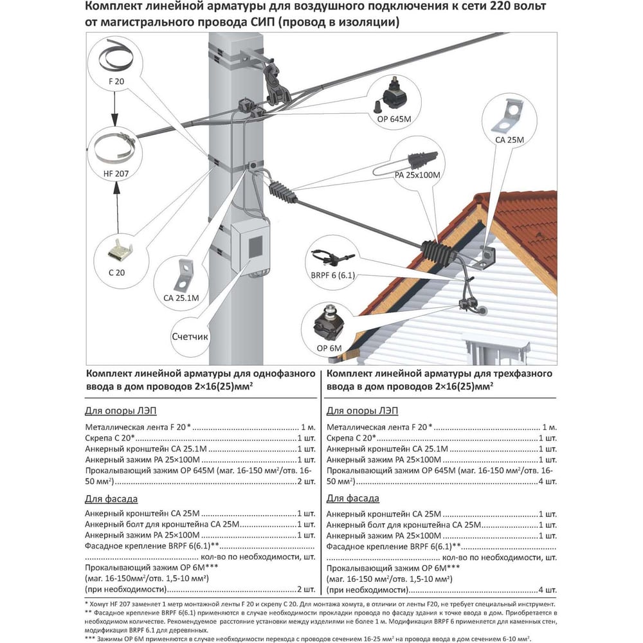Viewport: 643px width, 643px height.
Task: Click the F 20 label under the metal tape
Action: [116, 83]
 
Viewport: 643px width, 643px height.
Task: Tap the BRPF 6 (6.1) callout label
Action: [333, 275]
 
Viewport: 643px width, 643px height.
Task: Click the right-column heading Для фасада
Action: [352, 498]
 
